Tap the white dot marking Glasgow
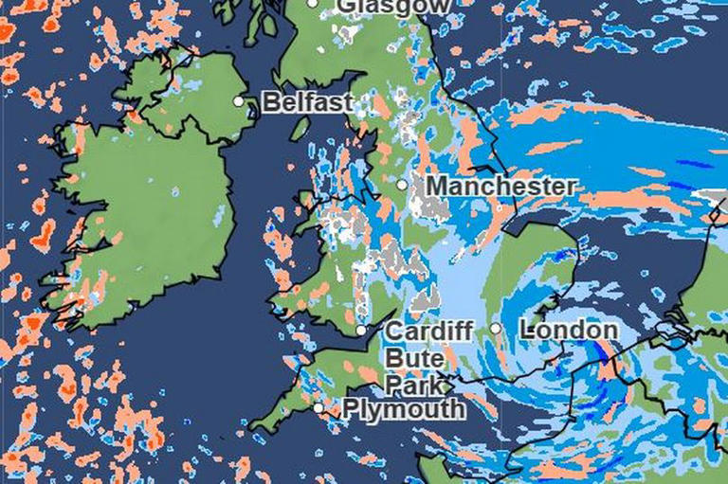(x=314, y=4)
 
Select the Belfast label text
(x=307, y=102)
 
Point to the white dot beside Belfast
(x=239, y=101)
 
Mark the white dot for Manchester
(x=402, y=185)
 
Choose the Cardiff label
(x=428, y=332)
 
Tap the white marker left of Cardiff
(x=361, y=331)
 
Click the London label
(x=569, y=330)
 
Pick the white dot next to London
(x=495, y=329)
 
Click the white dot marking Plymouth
(x=318, y=408)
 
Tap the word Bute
(x=413, y=358)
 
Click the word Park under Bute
(x=413, y=384)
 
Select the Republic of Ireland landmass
(x=142, y=218)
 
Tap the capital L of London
(x=527, y=330)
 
